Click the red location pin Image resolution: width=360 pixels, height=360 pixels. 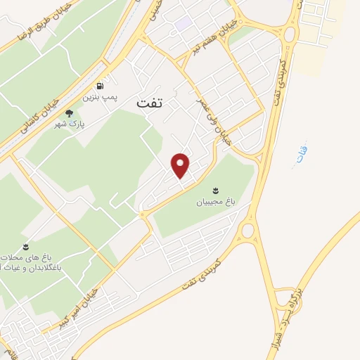coord(181,165)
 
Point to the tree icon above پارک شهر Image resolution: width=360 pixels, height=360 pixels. coord(68,112)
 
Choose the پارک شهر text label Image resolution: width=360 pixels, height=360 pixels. coord(68,124)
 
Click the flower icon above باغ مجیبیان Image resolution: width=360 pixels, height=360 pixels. coord(215,190)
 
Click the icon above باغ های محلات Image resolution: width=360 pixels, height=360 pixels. coord(25,246)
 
